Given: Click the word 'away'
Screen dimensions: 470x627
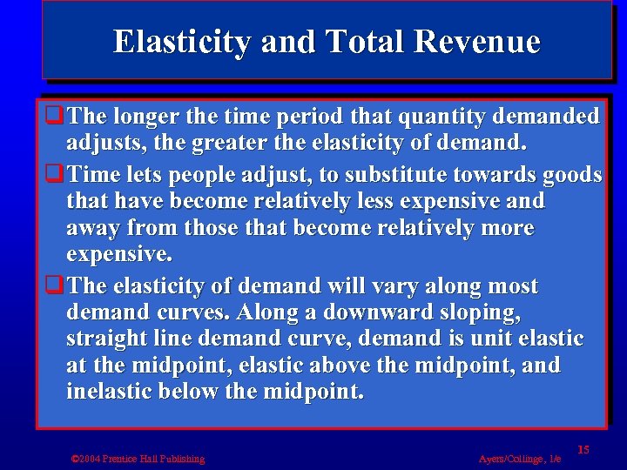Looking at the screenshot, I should click(x=92, y=228).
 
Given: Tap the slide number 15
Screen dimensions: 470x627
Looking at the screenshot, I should click(x=583, y=449).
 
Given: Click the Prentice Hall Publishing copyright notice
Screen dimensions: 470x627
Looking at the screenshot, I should click(x=138, y=459).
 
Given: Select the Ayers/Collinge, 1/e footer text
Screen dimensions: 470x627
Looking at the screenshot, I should click(x=520, y=459).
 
